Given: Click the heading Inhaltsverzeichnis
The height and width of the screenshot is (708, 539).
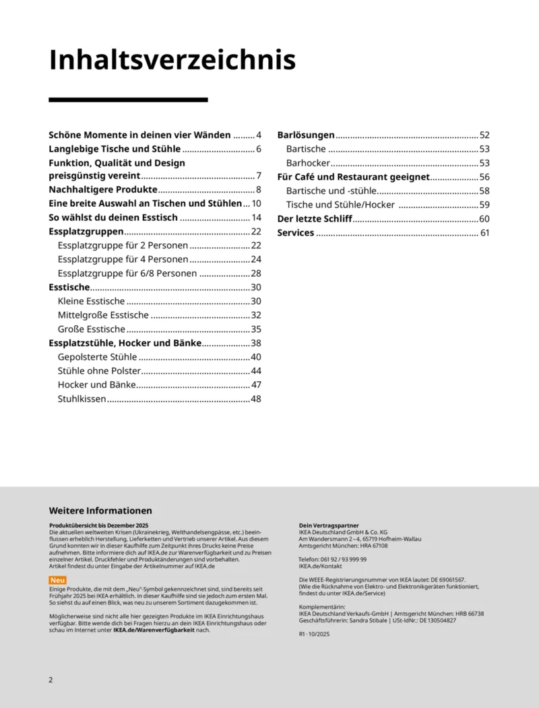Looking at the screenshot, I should click(x=172, y=61).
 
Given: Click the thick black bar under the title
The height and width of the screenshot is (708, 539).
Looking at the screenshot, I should click(x=128, y=100).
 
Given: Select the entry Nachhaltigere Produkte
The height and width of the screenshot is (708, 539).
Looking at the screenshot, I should click(x=103, y=190).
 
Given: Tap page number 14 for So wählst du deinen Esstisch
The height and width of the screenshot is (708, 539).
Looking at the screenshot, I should click(x=256, y=218).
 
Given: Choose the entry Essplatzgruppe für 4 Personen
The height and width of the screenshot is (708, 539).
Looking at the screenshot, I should click(x=123, y=259).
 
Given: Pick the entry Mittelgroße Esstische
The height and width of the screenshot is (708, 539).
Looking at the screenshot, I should click(x=103, y=315).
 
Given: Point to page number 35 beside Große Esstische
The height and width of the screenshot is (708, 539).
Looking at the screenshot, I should click(x=256, y=329).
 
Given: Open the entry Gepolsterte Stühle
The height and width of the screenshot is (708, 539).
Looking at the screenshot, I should click(x=97, y=357).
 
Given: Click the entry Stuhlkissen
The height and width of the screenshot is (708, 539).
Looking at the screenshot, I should click(x=82, y=399).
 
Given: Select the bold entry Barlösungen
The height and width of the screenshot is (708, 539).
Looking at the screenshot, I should click(x=306, y=135).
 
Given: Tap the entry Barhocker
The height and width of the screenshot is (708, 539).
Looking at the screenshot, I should click(x=308, y=163).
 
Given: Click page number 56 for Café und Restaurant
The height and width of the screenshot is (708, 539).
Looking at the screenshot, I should click(x=484, y=177).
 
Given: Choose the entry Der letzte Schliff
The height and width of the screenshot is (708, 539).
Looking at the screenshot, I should click(x=315, y=219).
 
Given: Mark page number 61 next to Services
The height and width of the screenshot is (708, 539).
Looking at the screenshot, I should click(x=484, y=233).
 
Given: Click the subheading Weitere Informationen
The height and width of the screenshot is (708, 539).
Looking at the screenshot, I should click(x=100, y=511).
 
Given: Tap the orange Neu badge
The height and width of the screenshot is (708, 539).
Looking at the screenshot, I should click(x=58, y=580).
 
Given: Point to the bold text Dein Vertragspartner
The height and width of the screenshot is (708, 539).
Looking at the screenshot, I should click(x=329, y=525).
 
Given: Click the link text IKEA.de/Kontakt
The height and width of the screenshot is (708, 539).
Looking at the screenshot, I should click(x=321, y=567).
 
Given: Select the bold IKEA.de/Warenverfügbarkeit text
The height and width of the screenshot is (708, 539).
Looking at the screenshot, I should click(x=154, y=630).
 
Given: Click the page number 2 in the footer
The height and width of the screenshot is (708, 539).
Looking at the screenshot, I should click(x=51, y=680).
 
